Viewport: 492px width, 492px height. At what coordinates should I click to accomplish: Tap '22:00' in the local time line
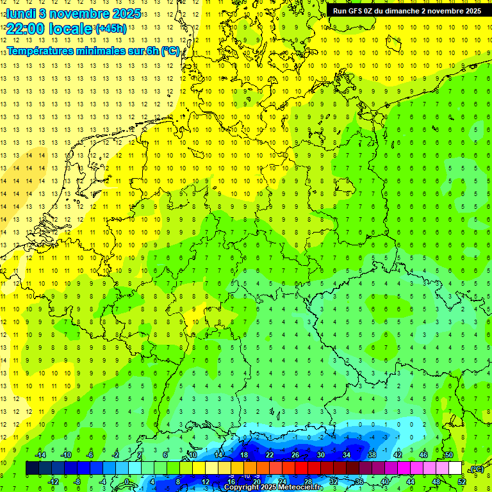[27, 29]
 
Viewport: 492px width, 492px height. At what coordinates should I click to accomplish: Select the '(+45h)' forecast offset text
[110, 29]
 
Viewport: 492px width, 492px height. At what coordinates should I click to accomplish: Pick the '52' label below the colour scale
[462, 482]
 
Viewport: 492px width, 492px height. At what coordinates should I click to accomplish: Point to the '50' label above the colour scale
[449, 455]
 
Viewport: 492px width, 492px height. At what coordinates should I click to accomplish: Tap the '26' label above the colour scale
[295, 455]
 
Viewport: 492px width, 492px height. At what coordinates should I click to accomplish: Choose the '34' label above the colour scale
[347, 455]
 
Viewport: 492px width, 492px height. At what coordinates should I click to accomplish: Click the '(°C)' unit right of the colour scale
[475, 469]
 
